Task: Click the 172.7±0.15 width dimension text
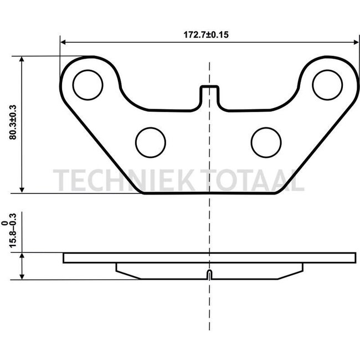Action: pos(206,34)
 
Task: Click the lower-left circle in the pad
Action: pos(151,142)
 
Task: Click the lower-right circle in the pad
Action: pos(266,142)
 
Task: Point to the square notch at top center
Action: pos(208,91)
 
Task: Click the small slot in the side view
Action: pos(209,275)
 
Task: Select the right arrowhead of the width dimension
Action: pos(355,42)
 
